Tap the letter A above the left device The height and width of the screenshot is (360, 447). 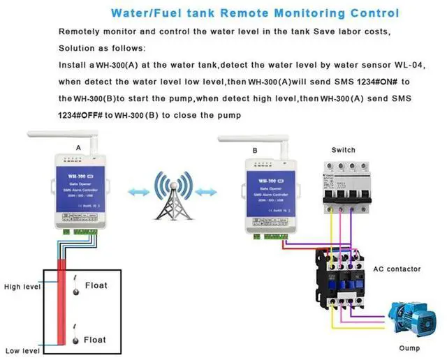coord(78,148)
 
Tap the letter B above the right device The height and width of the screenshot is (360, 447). coord(255,150)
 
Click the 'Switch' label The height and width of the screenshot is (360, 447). coord(343,150)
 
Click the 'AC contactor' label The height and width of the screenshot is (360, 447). coord(396,269)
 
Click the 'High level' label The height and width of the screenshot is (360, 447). coord(22,287)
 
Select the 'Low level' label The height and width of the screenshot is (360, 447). coord(22,351)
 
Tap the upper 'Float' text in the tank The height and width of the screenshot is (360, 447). coord(96,285)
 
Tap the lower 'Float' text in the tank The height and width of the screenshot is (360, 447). coord(96,339)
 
